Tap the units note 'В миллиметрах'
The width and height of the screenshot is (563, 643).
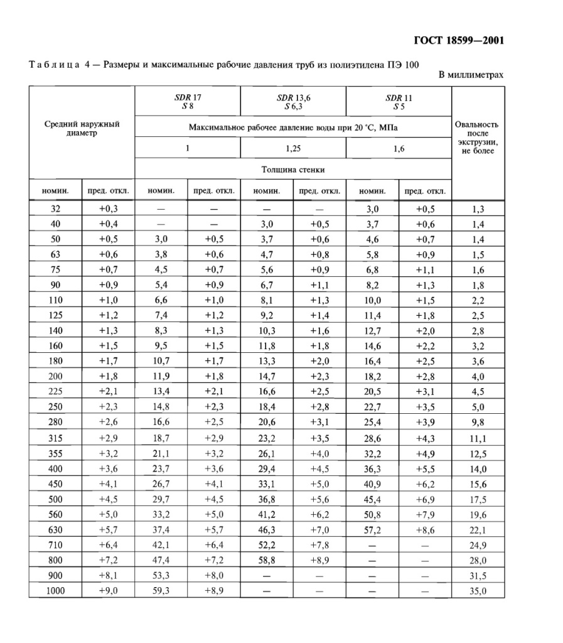471,75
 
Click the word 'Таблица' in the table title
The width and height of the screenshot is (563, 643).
54,64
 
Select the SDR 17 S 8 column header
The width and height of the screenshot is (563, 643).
187,102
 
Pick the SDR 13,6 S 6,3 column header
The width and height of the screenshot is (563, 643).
293,102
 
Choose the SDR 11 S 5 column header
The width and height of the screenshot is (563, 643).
399,102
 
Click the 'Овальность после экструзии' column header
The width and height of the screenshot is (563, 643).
477,138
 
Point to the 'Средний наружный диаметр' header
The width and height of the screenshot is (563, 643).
82,129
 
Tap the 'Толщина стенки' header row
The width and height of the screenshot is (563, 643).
293,170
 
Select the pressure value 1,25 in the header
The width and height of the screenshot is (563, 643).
293,148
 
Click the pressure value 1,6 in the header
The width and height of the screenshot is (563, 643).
399,148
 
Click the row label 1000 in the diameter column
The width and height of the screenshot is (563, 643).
55,591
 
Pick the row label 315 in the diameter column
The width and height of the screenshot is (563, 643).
55,437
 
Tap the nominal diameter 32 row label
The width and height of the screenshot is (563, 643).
55,209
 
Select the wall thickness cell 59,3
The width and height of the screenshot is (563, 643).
161,591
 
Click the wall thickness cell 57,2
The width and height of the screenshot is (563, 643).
372,529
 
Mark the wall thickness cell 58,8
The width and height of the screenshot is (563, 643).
267,560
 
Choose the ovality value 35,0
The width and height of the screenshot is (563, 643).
478,591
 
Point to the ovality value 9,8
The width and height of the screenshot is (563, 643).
478,422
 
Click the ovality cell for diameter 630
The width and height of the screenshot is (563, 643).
478,529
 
